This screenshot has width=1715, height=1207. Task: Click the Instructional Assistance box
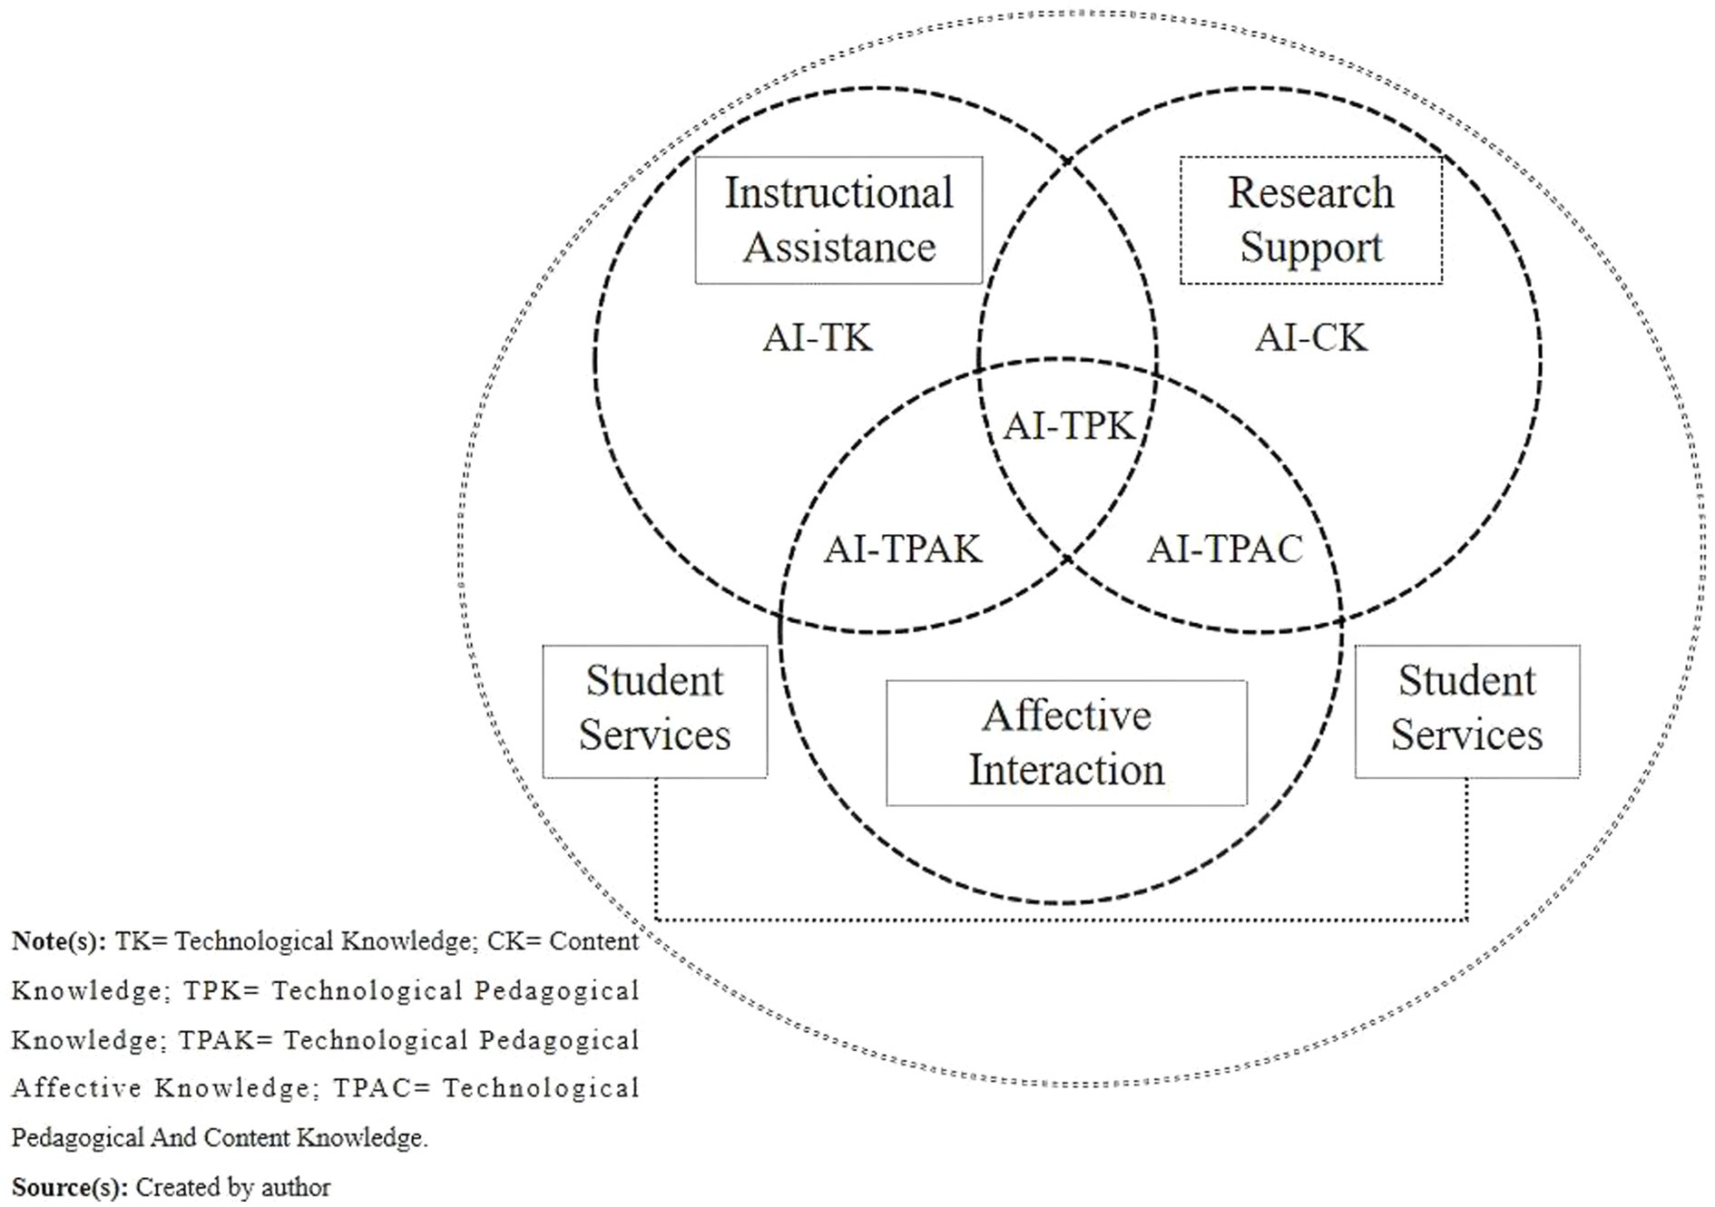click(838, 219)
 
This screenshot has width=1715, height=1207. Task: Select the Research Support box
click(1310, 219)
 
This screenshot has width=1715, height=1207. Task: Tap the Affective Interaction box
click(1066, 743)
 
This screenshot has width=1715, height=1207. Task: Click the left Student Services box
click(654, 711)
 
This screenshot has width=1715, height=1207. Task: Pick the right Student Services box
click(1466, 711)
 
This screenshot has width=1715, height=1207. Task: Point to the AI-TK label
click(817, 338)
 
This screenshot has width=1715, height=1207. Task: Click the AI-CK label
click(1310, 338)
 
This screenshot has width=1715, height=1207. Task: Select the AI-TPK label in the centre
click(1068, 425)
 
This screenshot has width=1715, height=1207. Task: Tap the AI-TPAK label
click(902, 550)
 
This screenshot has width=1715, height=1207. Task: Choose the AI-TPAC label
click(1225, 550)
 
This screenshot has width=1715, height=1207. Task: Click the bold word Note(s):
click(59, 941)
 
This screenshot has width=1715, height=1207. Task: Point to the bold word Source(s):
click(69, 1187)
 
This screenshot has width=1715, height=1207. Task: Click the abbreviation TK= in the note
click(142, 941)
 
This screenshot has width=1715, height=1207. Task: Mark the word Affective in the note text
click(76, 1088)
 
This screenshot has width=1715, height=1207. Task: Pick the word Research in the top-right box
click(1310, 192)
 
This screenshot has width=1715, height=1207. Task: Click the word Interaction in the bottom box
click(1066, 770)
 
